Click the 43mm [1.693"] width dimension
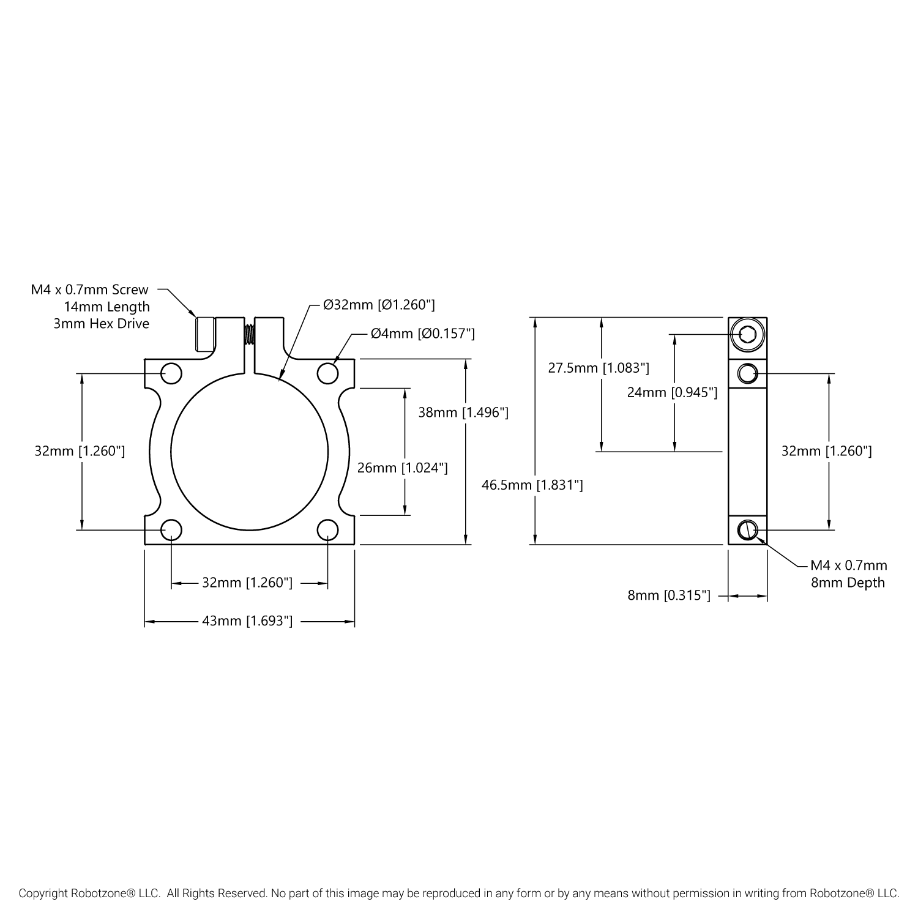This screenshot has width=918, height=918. click(247, 621)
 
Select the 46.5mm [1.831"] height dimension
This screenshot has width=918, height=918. click(532, 485)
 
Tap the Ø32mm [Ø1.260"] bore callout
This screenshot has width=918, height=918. click(379, 305)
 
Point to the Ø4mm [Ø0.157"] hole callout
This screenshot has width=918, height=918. click(423, 334)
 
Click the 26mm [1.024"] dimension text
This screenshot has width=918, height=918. click(403, 468)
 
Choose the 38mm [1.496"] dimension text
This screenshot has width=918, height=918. click(463, 412)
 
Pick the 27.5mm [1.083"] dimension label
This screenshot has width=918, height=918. click(599, 368)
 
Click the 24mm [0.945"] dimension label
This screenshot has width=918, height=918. click(672, 392)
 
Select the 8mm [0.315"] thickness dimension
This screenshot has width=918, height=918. click(669, 595)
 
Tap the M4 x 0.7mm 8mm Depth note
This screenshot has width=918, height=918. click(848, 574)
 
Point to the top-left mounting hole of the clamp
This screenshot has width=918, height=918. click(171, 373)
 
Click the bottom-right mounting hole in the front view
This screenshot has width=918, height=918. click(328, 530)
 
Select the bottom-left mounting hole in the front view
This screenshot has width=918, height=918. click(171, 530)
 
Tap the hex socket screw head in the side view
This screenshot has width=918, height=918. click(747, 334)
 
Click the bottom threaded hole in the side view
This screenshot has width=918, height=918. click(747, 530)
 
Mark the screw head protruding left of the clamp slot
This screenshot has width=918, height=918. click(204, 334)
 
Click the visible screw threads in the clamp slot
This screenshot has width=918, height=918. click(250, 335)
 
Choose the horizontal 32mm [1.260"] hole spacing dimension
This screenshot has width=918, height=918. click(247, 583)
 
